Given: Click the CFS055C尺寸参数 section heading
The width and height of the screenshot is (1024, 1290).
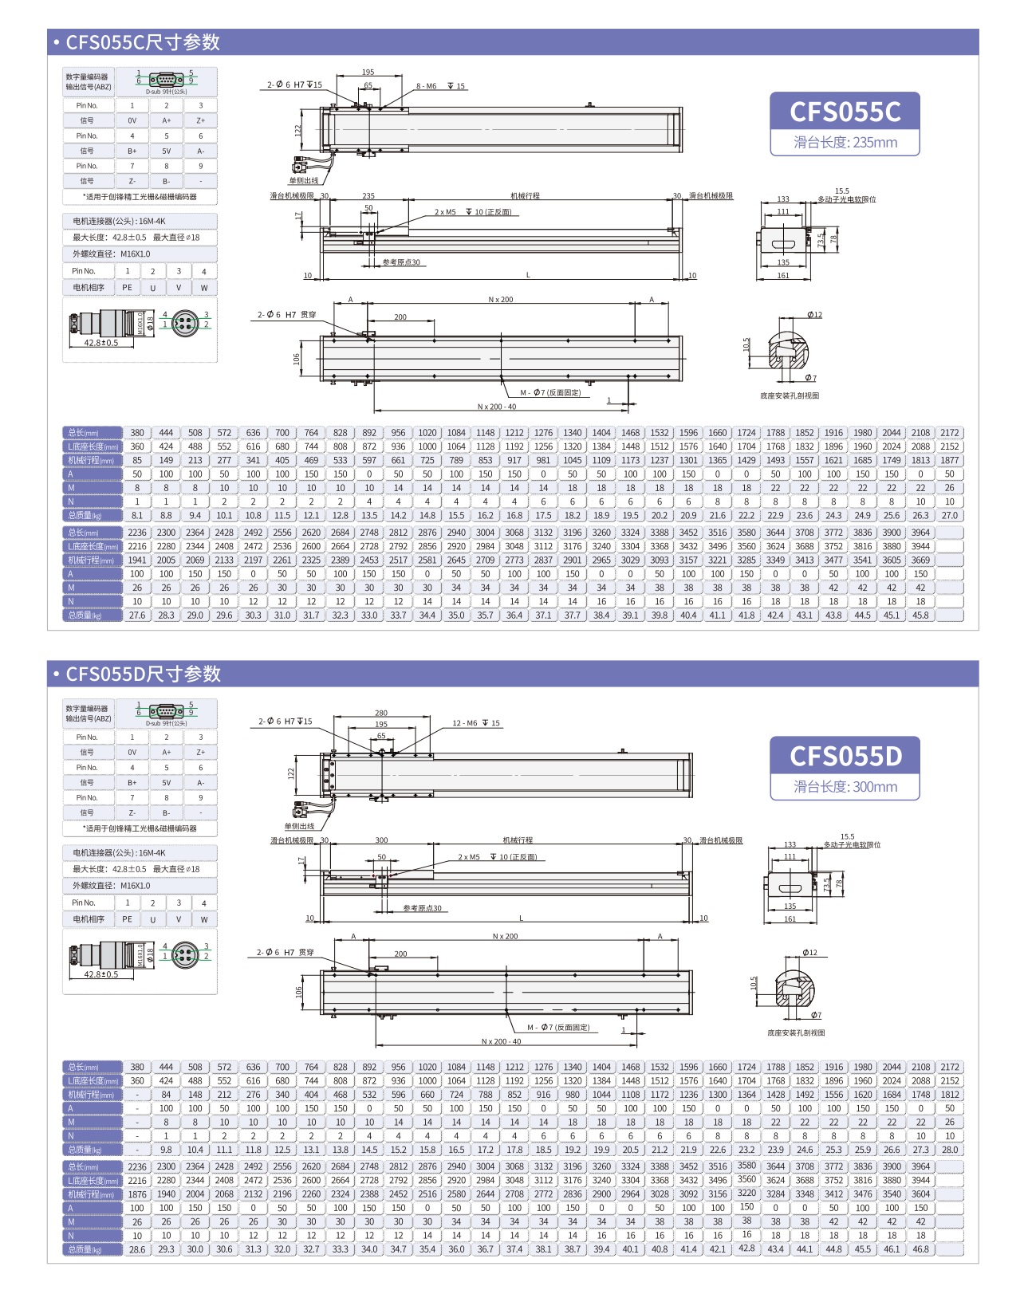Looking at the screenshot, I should tap(143, 42).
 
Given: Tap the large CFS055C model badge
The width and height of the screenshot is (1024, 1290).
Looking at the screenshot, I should tap(845, 112).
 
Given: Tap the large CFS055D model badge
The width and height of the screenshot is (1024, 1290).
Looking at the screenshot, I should tap(845, 756).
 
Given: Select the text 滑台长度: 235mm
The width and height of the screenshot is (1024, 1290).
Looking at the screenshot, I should tap(845, 143).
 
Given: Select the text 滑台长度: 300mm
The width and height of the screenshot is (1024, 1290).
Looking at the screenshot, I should tap(845, 787).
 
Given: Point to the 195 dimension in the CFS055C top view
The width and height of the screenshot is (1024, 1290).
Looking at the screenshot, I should tap(368, 73).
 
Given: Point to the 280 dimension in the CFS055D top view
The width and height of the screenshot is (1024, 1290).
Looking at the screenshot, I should tap(381, 713).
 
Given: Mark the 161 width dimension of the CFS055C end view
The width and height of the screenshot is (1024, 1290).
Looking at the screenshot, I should tap(783, 276).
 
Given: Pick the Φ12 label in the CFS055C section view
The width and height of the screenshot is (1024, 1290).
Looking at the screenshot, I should tap(814, 315).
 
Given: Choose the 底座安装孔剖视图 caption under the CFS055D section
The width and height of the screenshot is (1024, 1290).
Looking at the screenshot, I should tap(796, 1032).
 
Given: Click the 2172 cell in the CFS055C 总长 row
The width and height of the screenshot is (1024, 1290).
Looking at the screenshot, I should tap(949, 433).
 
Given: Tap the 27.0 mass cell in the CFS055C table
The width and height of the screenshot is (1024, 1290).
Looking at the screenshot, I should tap(949, 516).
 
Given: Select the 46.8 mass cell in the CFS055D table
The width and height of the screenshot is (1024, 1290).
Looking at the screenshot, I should tap(920, 1249).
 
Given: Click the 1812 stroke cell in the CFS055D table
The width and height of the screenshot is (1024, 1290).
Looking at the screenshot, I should tap(949, 1095).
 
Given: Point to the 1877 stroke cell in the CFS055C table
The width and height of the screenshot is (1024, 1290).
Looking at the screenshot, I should tap(949, 460).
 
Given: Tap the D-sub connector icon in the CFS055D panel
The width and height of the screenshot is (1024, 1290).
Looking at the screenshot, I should tap(166, 711).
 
